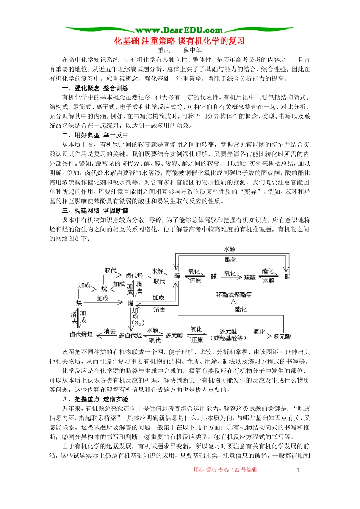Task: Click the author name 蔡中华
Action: pyautogui.click(x=192, y=50)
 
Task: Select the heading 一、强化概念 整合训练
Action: pyautogui.click(x=95, y=88)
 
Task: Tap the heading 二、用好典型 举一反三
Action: pyautogui.click(x=95, y=135)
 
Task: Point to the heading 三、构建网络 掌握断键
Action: pyautogui.click(x=95, y=211)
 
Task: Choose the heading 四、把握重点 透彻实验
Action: pyautogui.click(x=95, y=399)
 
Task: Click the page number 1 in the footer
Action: pyautogui.click(x=298, y=470)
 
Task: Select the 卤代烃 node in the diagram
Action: pyautogui.click(x=134, y=276)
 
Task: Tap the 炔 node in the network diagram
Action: pyautogui.click(x=79, y=303)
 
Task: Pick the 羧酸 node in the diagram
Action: pyautogui.click(x=250, y=277)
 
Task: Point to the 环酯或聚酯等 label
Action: pyautogui.click(x=234, y=295)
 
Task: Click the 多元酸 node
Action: pyautogui.click(x=282, y=336)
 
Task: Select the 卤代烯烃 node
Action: pyautogui.click(x=81, y=334)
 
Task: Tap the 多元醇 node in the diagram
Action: pyautogui.click(x=174, y=335)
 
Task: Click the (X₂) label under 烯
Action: pyautogui.click(x=138, y=323)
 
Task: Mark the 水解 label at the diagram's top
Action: pyautogui.click(x=230, y=249)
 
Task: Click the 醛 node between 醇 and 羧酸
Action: pyautogui.click(x=214, y=276)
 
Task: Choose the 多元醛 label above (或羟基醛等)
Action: pyautogui.click(x=228, y=331)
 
